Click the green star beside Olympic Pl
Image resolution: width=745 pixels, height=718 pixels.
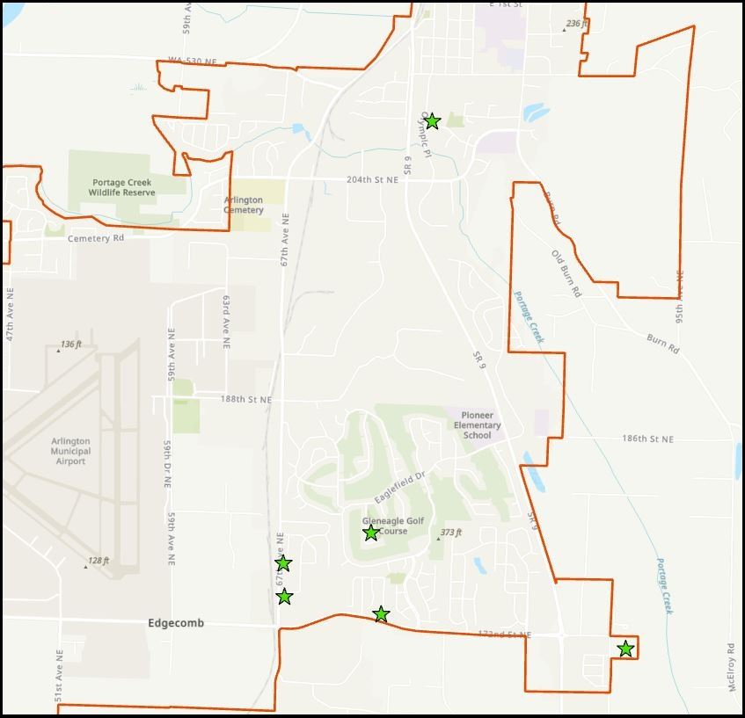coord(432,121)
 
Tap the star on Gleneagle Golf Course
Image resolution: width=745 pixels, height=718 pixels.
coord(371,533)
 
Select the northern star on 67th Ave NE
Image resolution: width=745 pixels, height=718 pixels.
coord(283,563)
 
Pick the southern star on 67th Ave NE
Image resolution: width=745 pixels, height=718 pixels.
coord(284,597)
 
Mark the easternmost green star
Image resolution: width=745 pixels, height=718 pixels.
coord(625,649)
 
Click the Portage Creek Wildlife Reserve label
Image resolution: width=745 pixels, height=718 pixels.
coord(123,188)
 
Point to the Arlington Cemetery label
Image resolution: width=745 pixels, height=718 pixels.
coord(244,205)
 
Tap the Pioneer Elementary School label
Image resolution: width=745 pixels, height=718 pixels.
coord(477,425)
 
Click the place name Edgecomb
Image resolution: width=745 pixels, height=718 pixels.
coord(176,623)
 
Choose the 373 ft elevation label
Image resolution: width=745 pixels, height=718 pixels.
coord(450,533)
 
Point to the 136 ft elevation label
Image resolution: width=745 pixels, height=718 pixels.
coord(70,345)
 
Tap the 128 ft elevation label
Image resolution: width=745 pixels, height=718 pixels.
coord(98,561)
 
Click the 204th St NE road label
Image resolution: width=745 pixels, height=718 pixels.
coord(372,179)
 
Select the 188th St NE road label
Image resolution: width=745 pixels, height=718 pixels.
coord(246,400)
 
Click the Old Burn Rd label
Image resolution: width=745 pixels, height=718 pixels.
coord(566,273)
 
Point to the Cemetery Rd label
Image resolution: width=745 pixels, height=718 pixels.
coord(96,238)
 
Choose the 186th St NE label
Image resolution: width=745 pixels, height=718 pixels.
coord(647,439)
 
